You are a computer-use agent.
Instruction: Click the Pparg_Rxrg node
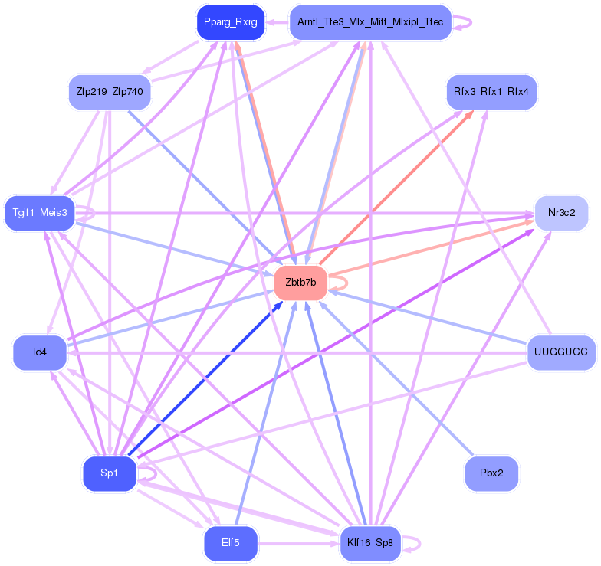pos(230,22)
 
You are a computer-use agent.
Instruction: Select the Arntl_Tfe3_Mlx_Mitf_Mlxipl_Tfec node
pos(370,22)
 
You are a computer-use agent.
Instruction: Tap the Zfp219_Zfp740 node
pos(110,92)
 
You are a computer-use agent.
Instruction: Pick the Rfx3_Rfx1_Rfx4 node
pos(491,92)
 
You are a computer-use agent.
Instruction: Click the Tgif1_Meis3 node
pos(40,213)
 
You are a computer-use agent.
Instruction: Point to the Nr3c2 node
pos(561,213)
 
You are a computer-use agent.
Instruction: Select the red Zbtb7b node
pos(300,283)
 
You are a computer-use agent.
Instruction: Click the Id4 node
pos(40,352)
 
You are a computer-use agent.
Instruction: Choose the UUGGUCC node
pos(561,352)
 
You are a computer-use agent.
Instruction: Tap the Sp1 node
pos(110,473)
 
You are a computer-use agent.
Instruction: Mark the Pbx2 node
pos(491,473)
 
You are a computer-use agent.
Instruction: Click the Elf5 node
pos(230,543)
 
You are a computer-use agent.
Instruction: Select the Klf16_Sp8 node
pos(370,543)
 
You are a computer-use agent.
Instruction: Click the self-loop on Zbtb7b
pos(346,283)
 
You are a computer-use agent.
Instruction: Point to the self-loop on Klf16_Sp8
pos(420,543)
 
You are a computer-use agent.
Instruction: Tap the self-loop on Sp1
pos(156,473)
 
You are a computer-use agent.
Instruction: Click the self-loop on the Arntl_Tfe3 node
pos(471,22)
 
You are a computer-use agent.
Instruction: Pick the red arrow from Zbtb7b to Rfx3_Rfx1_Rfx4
pos(396,188)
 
